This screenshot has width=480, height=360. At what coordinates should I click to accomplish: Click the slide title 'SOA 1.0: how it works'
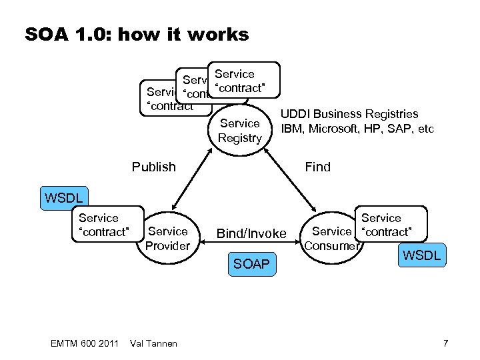pos(137,34)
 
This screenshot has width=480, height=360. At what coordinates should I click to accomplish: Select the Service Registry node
pos(240,131)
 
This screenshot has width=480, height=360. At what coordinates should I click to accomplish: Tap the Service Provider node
pos(168,239)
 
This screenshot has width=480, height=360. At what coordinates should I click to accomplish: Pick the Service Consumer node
pos(331,238)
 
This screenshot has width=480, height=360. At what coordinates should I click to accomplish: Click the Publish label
pos(153,167)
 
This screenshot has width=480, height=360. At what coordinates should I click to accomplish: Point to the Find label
pos(317,167)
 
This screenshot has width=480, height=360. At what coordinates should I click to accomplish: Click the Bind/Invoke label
pos(251,233)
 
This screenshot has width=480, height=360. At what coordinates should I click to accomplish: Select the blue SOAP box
pos(251,265)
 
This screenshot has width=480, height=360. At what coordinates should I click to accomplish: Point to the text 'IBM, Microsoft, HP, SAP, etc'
pos(357,128)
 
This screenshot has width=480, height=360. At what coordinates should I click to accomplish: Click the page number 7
pos(445,343)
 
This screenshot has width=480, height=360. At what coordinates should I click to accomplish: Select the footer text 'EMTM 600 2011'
pos(84,343)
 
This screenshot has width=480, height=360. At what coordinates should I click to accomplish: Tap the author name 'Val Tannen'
pos(153,343)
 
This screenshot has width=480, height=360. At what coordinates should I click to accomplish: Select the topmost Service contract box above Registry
pos(243,81)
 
